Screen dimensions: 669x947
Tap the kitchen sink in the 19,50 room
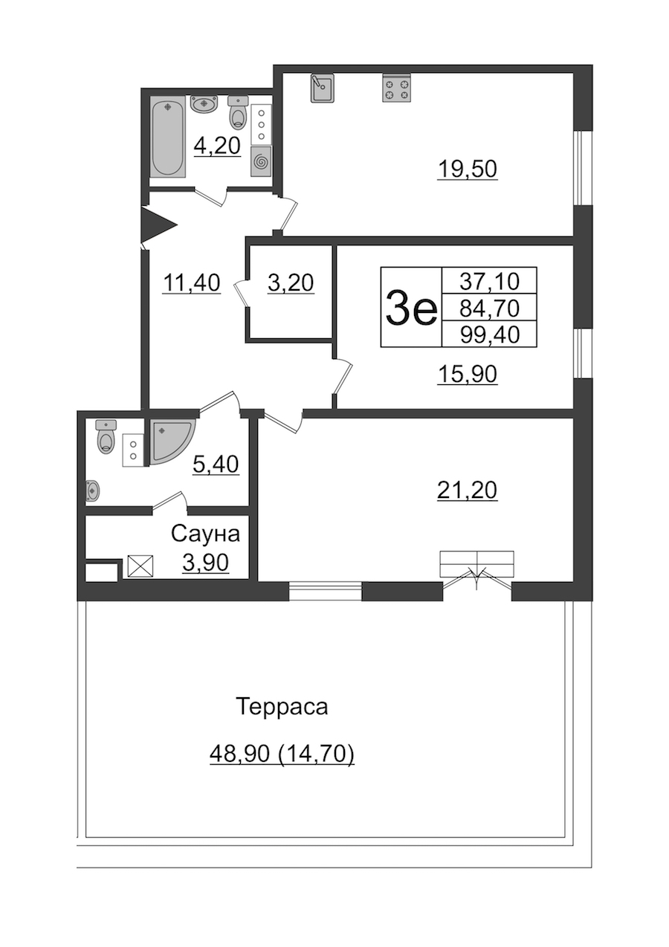[323, 88]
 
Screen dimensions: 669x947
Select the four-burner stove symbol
[397, 88]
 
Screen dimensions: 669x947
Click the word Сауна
[205, 534]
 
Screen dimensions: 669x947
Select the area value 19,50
[468, 169]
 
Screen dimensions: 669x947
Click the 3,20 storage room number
[291, 282]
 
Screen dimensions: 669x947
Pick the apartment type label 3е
[410, 308]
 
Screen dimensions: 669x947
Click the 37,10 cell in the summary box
[489, 281]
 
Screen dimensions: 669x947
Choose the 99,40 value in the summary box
[490, 334]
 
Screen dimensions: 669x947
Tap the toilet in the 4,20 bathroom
[238, 111]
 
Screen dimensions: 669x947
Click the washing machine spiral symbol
[261, 161]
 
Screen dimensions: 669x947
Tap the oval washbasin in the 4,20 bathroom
[204, 104]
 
